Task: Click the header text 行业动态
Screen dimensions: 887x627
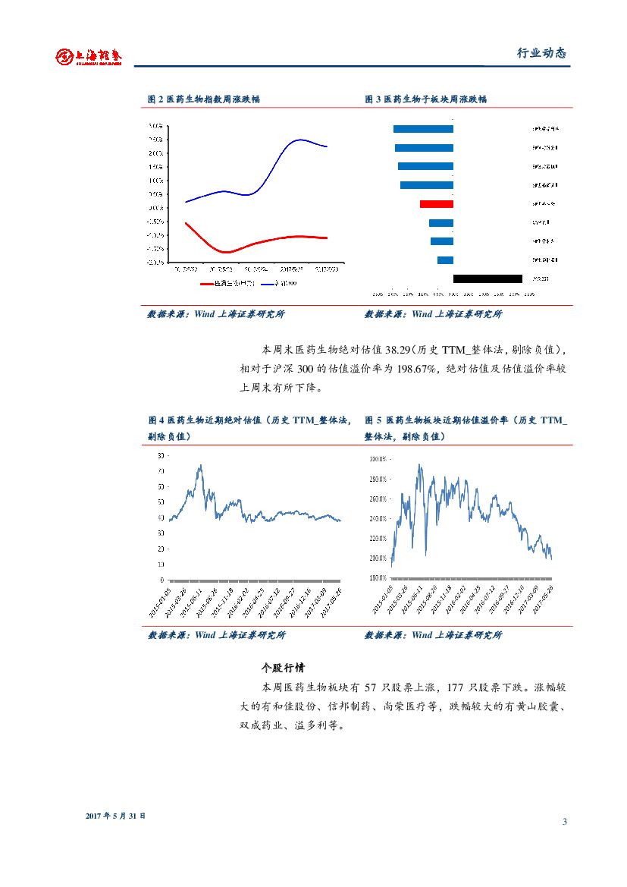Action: pyautogui.click(x=541, y=53)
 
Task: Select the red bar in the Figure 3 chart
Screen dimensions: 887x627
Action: pyautogui.click(x=437, y=204)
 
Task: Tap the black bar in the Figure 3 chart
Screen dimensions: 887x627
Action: pyautogui.click(x=487, y=278)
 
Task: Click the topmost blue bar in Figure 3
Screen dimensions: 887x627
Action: pyautogui.click(x=423, y=129)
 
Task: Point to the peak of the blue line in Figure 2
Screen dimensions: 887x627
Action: pyautogui.click(x=300, y=140)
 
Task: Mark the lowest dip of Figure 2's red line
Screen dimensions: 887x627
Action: pyautogui.click(x=226, y=252)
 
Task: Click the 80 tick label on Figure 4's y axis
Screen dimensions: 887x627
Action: pyautogui.click(x=160, y=455)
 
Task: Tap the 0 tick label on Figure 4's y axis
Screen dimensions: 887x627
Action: pyautogui.click(x=161, y=580)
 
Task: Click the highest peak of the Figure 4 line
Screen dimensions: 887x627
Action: pyautogui.click(x=200, y=465)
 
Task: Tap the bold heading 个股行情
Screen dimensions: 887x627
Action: pyautogui.click(x=283, y=668)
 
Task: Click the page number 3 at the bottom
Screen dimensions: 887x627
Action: pyautogui.click(x=565, y=823)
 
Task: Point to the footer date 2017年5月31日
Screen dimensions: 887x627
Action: pyautogui.click(x=115, y=816)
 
